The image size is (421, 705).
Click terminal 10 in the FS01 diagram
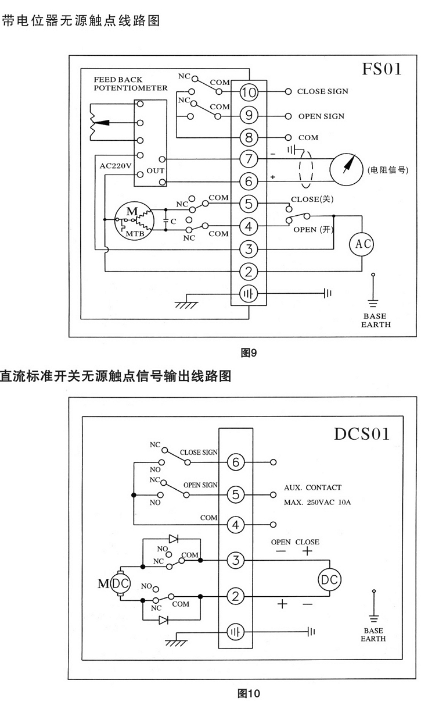(248, 92)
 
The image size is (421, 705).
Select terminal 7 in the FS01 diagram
(248, 159)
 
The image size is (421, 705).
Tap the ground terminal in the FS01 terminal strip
(248, 294)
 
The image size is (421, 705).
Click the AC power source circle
(360, 244)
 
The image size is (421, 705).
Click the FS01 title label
(382, 70)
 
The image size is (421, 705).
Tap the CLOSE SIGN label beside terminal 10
(322, 92)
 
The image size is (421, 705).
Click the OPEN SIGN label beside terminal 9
(321, 116)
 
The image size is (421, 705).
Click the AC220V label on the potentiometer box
(116, 166)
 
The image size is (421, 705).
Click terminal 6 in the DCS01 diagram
(235, 462)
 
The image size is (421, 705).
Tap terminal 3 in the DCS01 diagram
(235, 561)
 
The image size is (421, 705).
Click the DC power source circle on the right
(329, 579)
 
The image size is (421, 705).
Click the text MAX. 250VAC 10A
(317, 501)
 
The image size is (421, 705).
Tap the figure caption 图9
(249, 352)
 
